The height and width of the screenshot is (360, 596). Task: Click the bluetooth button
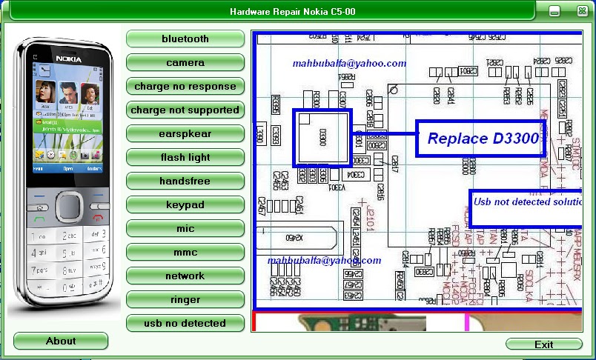pyautogui.click(x=185, y=39)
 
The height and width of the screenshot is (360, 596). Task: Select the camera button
pyautogui.click(x=185, y=62)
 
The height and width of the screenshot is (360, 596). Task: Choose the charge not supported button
pyautogui.click(x=185, y=110)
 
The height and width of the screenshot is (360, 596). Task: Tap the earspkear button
pyautogui.click(x=185, y=133)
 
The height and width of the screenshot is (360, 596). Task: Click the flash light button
pyautogui.click(x=185, y=157)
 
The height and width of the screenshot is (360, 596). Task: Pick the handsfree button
pyautogui.click(x=185, y=181)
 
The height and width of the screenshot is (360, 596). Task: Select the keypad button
pyautogui.click(x=185, y=204)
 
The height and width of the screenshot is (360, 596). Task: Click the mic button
pyautogui.click(x=185, y=228)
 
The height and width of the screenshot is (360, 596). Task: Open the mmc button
pyautogui.click(x=185, y=252)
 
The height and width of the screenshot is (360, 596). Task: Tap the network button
pyautogui.click(x=185, y=276)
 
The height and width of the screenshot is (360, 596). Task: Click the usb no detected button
pyautogui.click(x=185, y=323)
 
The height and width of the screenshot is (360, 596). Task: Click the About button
pyautogui.click(x=61, y=341)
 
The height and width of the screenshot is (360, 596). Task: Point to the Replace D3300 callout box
pyautogui.click(x=482, y=139)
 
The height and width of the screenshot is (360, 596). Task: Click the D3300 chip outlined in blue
pyautogui.click(x=322, y=137)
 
